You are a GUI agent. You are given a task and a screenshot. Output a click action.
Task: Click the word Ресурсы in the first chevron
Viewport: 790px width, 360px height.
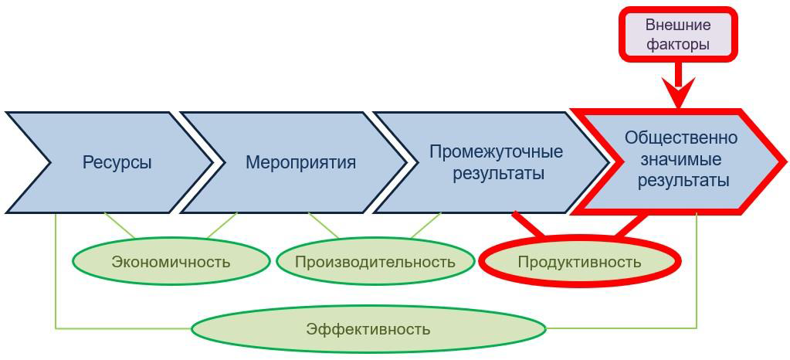point(117,163)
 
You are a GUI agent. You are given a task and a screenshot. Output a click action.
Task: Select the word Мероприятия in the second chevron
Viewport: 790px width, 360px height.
point(300,163)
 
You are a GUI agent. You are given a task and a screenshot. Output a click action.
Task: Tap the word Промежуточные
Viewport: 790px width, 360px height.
point(497,151)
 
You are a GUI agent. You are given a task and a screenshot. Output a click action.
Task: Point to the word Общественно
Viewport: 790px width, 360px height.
point(681,138)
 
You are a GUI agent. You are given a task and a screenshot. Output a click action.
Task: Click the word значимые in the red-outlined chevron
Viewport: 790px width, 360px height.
point(682,159)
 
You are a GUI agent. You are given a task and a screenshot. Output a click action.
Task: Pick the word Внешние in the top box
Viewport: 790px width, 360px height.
point(678,25)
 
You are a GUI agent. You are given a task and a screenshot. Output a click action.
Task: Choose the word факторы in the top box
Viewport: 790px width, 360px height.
point(678,44)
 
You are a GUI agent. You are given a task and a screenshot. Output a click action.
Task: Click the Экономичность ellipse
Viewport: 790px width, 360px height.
point(171,262)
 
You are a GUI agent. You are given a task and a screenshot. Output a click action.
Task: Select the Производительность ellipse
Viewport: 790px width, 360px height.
point(375,262)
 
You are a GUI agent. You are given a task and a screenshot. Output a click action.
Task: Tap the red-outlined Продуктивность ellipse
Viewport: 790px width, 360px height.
point(580,262)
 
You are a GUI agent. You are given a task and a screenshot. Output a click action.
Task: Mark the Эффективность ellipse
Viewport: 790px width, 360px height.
point(368,329)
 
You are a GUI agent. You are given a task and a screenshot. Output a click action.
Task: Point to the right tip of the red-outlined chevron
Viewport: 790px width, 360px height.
point(785,162)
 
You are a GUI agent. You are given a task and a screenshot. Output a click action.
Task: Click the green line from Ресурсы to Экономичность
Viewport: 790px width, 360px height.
point(119,225)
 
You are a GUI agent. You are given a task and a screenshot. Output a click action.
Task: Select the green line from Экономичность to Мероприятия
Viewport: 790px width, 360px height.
point(222,225)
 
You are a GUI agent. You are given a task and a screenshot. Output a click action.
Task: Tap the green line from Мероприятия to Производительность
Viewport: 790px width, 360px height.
point(324,225)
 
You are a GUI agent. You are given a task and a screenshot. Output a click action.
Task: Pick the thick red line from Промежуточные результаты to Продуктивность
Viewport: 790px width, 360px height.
point(528,224)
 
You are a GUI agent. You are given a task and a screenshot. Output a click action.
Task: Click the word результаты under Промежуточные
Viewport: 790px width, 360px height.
point(499,174)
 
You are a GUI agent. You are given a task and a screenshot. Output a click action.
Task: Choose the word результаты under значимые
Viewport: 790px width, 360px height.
point(683,181)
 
